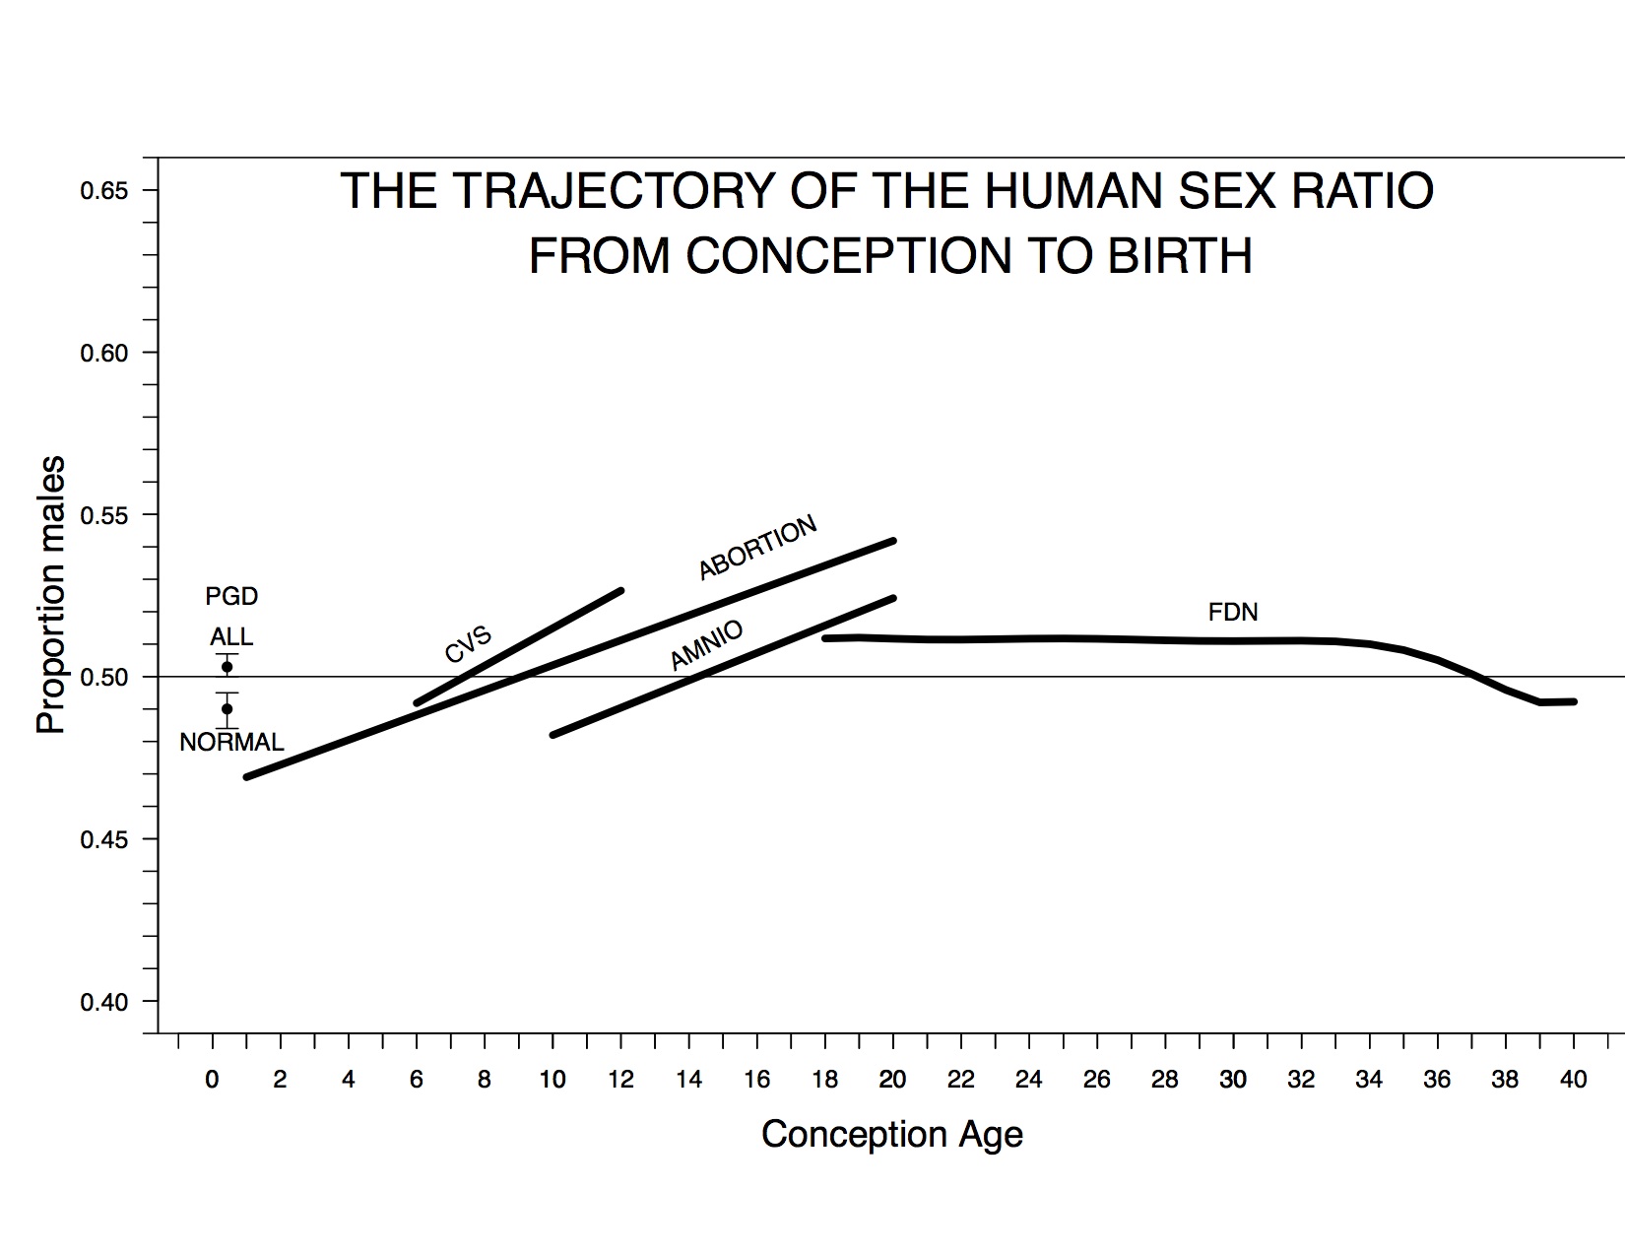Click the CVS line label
coord(468,645)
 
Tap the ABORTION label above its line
coord(757,548)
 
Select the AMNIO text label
coord(706,646)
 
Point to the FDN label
coord(1232,613)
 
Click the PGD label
coord(231,596)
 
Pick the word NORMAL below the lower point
coord(231,742)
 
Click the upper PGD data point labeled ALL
coord(227,667)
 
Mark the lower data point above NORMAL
coord(227,708)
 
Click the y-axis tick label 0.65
coord(104,190)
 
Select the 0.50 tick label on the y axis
coord(104,677)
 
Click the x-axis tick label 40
coord(1574,1080)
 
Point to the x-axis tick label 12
coord(620,1080)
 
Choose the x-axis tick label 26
coord(1096,1080)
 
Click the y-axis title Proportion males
coord(51,594)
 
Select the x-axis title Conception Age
coord(892,1135)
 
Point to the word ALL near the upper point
coord(231,636)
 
